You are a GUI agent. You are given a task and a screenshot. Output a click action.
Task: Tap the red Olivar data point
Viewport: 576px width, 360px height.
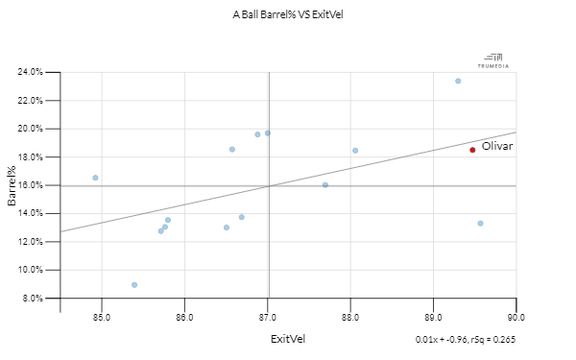tap(472, 150)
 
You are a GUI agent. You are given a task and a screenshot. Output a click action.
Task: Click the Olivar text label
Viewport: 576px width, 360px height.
tap(497, 146)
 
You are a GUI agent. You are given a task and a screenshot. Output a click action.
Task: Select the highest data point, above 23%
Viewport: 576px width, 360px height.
tap(458, 81)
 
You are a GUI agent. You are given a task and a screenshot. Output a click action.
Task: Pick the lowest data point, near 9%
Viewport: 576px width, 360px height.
tap(134, 285)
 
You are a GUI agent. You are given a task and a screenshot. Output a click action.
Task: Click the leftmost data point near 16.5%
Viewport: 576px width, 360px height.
tap(95, 178)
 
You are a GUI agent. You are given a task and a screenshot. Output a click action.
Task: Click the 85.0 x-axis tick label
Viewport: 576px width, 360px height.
tap(102, 317)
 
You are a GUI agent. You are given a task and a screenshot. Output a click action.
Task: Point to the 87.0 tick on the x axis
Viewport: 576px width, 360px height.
tap(268, 317)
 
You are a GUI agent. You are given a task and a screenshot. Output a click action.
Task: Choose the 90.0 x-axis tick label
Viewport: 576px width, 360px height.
tap(516, 317)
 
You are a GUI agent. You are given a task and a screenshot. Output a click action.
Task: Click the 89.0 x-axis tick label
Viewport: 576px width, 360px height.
tap(434, 317)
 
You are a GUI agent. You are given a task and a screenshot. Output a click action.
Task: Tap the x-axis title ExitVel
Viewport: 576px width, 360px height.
tap(288, 339)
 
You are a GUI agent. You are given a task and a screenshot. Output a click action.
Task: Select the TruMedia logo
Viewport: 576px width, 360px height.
tap(493, 60)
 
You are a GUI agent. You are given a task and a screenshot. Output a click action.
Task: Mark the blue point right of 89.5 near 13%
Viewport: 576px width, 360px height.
tap(480, 224)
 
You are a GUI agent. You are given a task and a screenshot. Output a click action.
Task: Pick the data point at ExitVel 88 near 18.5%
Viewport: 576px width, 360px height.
tap(355, 151)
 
